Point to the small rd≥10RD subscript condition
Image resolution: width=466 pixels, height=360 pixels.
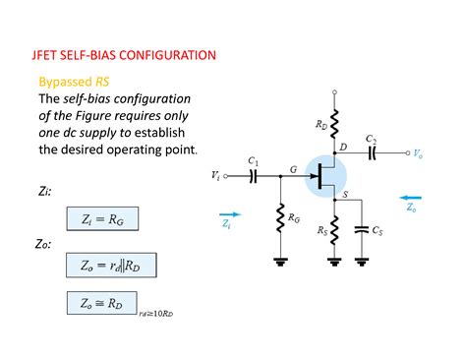click(156, 314)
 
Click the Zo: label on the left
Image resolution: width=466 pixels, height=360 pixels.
click(46, 243)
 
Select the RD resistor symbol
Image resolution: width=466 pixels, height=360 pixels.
click(337, 125)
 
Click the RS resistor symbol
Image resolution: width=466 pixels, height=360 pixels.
click(337, 230)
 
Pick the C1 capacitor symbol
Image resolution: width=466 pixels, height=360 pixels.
click(253, 176)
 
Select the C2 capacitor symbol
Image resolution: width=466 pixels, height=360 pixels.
click(372, 153)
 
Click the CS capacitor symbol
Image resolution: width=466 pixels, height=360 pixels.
click(363, 229)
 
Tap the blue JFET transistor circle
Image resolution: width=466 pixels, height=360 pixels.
click(327, 174)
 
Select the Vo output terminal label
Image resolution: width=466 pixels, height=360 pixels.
click(419, 154)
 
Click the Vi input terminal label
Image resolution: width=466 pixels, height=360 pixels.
click(215, 176)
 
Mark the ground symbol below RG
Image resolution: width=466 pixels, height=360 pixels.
click(281, 261)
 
